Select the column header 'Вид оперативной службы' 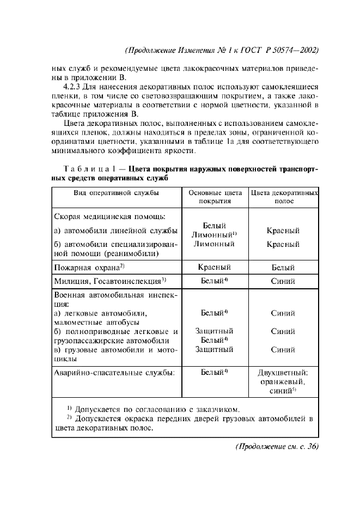point(116,193)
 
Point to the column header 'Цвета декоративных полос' point(284,197)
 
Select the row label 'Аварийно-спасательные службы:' point(114,373)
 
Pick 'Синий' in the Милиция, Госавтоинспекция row point(283,282)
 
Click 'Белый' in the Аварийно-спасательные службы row point(212,373)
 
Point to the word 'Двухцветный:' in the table point(283,373)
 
